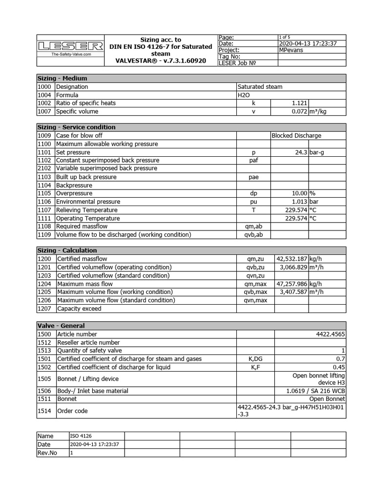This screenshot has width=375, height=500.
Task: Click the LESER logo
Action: (x=70, y=46)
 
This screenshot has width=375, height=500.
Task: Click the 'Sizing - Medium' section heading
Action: (x=62, y=78)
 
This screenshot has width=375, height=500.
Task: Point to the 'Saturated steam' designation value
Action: (x=260, y=86)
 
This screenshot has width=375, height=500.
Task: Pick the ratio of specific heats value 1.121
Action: (x=299, y=103)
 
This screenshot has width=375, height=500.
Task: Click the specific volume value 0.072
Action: (x=298, y=111)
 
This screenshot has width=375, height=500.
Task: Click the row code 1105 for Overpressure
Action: (x=44, y=193)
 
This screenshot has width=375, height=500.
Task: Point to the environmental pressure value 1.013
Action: (x=298, y=202)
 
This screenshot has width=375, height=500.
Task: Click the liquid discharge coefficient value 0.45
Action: (x=339, y=367)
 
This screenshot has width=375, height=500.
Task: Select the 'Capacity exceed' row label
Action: (x=79, y=309)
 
